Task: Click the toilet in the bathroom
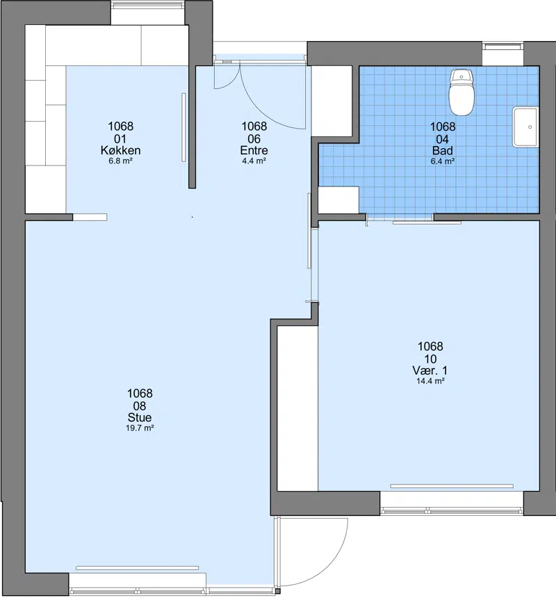coord(461,92)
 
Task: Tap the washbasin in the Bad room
coord(525,127)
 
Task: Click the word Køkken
coord(120,150)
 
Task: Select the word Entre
coord(254,150)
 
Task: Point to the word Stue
coord(140,417)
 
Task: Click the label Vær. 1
coord(430,371)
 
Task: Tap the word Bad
coord(443,150)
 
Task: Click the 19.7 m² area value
coord(140,428)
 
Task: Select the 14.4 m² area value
coord(430,380)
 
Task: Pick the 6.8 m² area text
coord(120,161)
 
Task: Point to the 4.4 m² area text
coord(254,161)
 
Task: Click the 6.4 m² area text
coord(443,161)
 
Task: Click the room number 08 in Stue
coord(140,406)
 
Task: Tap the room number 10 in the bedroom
coord(430,359)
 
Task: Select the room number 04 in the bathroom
coord(443,139)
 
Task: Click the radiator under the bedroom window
coord(452,486)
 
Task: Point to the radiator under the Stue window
coord(137,568)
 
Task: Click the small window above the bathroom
coord(502,47)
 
